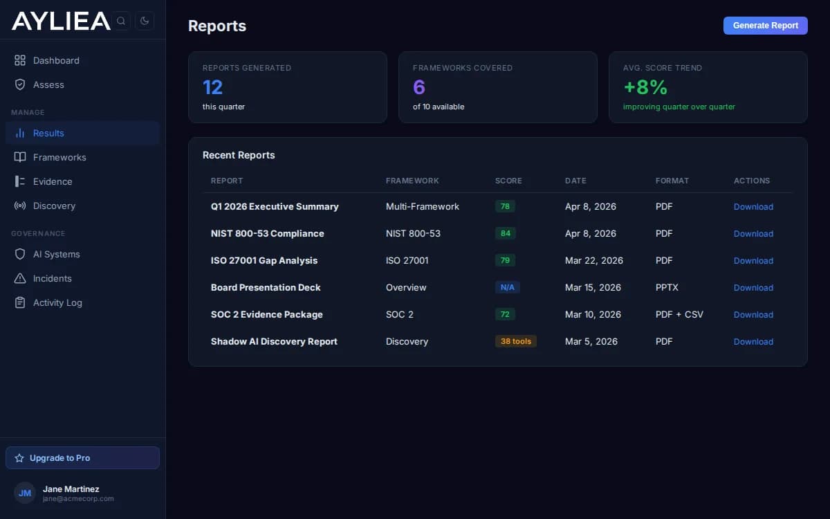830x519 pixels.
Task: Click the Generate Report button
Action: coord(765,26)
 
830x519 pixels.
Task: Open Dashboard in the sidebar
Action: coord(55,60)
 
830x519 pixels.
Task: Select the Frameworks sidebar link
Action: coord(59,157)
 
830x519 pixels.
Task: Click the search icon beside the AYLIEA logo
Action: coord(121,21)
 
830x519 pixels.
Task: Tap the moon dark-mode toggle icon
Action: coord(145,21)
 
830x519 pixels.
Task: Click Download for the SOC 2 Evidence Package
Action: coord(753,314)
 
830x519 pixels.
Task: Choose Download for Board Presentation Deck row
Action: coord(753,287)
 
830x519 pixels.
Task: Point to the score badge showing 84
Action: coord(505,233)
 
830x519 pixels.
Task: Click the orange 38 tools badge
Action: coord(515,341)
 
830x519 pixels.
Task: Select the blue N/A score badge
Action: coord(507,287)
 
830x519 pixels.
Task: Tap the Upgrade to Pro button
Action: coord(82,458)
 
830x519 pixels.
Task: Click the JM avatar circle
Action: coord(25,493)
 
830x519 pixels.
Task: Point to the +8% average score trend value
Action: coord(645,87)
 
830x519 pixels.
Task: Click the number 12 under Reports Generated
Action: coord(212,87)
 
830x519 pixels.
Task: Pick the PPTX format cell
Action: coord(667,287)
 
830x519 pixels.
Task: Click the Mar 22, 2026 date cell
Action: coord(593,260)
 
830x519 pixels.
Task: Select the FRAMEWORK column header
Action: coord(412,181)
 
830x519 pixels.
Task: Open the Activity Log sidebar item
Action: coord(57,302)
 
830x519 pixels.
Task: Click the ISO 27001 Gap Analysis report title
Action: coord(264,260)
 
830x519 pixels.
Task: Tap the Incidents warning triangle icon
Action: coord(20,278)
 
